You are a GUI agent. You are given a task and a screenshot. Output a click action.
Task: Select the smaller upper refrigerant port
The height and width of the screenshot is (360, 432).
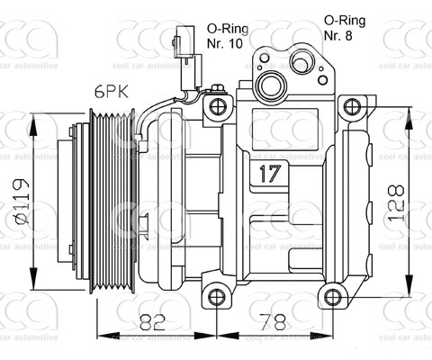pos(301,62)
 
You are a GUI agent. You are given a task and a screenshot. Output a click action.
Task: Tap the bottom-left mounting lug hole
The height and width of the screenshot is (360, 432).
pos(215,296)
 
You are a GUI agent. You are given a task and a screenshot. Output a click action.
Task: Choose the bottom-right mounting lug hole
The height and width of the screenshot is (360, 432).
pos(333,296)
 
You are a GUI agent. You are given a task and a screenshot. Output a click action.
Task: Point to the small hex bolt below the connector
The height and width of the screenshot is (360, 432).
pos(216,88)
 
